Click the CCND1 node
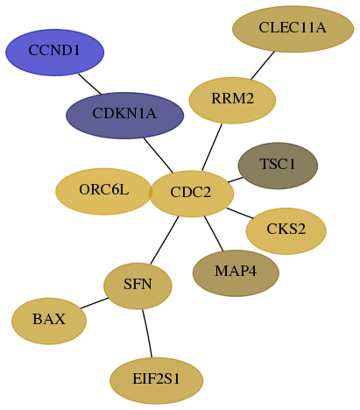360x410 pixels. (55, 53)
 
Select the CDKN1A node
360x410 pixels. (124, 116)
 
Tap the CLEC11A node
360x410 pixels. (293, 29)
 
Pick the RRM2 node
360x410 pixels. (232, 101)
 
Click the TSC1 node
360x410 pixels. (278, 166)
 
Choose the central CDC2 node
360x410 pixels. (191, 194)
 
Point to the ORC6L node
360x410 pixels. (104, 192)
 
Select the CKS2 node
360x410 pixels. (286, 231)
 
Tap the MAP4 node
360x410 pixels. (236, 273)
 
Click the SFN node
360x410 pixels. (138, 286)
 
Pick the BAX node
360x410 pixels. (49, 322)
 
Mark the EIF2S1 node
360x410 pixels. (157, 381)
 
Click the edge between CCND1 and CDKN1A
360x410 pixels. (89, 84)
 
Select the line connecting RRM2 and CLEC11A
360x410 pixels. (263, 66)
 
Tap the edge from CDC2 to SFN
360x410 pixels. (165, 240)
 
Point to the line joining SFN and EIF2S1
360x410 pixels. (147, 334)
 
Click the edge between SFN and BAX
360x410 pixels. (95, 303)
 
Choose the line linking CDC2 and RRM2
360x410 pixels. (212, 147)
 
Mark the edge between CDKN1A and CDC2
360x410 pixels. (159, 155)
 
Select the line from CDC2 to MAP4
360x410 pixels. (214, 234)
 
